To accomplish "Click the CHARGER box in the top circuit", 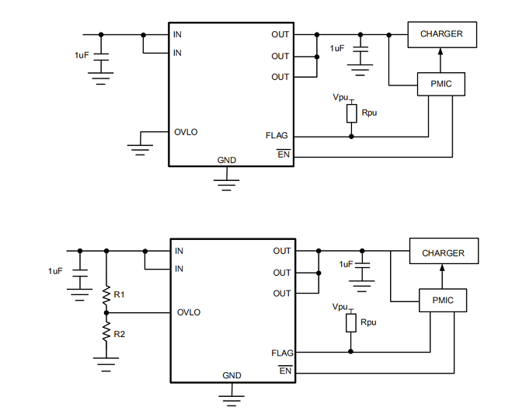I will (x=441, y=34).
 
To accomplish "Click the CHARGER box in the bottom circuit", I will (x=443, y=253).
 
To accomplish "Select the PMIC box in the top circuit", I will (x=441, y=84).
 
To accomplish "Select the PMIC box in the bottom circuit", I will (x=443, y=301).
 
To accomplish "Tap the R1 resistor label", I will (x=119, y=295).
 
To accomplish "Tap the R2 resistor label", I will (x=119, y=333).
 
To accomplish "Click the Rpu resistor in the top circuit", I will (x=351, y=113).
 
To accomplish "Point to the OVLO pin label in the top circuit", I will (x=186, y=132).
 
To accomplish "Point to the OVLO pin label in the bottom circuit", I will (x=188, y=312).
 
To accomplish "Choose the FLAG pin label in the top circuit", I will (x=277, y=136).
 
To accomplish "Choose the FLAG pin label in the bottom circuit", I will (x=282, y=353).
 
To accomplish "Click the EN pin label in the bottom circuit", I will (x=284, y=371).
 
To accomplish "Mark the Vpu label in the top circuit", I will (x=340, y=97).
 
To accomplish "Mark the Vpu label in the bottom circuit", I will (x=340, y=308).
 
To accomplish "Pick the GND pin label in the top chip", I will (x=227, y=160).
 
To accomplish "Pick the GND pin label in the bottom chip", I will (x=232, y=376).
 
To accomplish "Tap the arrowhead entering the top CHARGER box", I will (x=441, y=52).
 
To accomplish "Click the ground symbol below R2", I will (x=106, y=361).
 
